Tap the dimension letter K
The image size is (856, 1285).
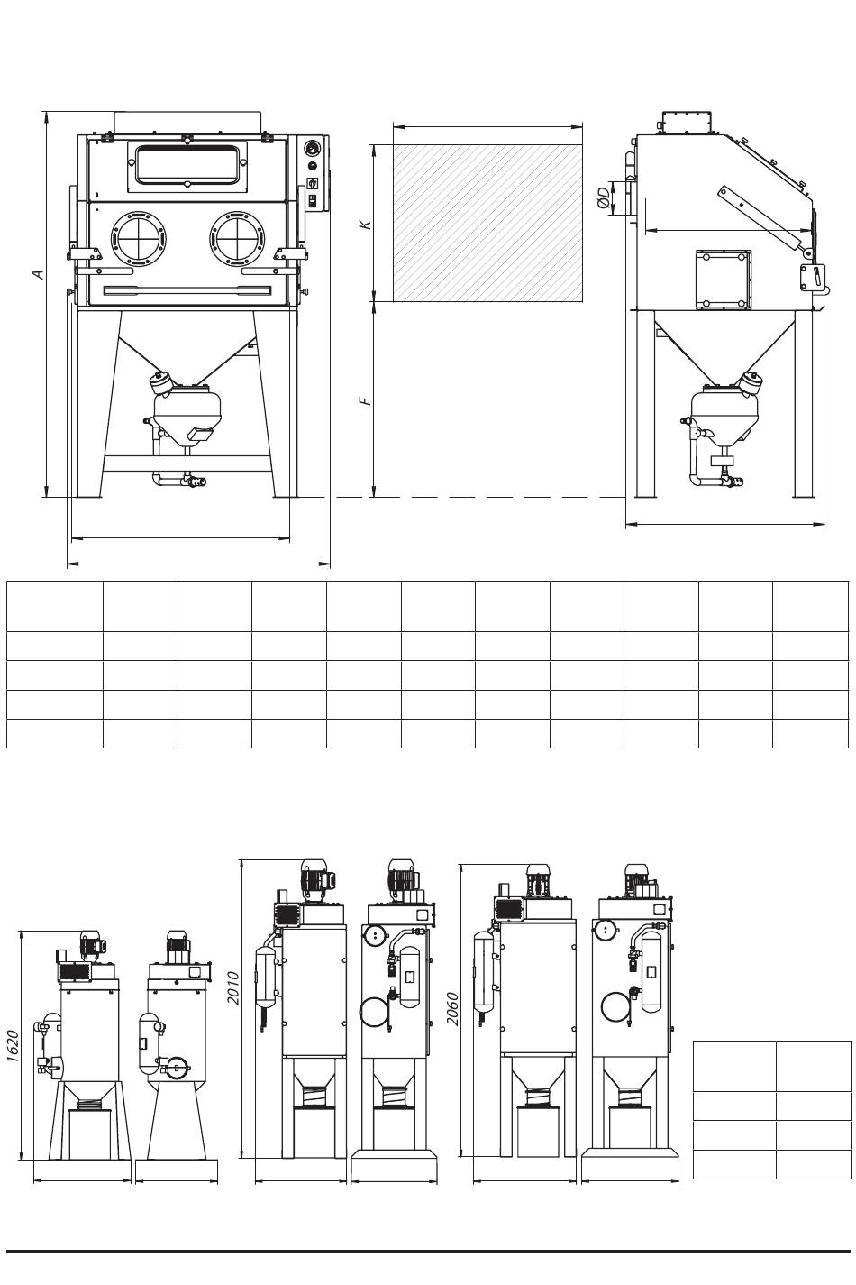[366, 223]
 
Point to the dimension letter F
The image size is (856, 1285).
[366, 399]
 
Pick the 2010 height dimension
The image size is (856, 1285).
[234, 987]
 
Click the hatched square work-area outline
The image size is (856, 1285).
[487, 223]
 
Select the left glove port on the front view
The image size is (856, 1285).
[139, 238]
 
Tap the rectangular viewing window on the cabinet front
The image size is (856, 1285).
[187, 165]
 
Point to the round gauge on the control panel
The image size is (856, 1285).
[312, 147]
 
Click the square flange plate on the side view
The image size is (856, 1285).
[723, 279]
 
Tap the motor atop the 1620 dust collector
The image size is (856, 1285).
[93, 944]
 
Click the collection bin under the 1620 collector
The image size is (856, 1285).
[90, 1134]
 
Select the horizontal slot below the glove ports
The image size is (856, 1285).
[187, 289]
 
